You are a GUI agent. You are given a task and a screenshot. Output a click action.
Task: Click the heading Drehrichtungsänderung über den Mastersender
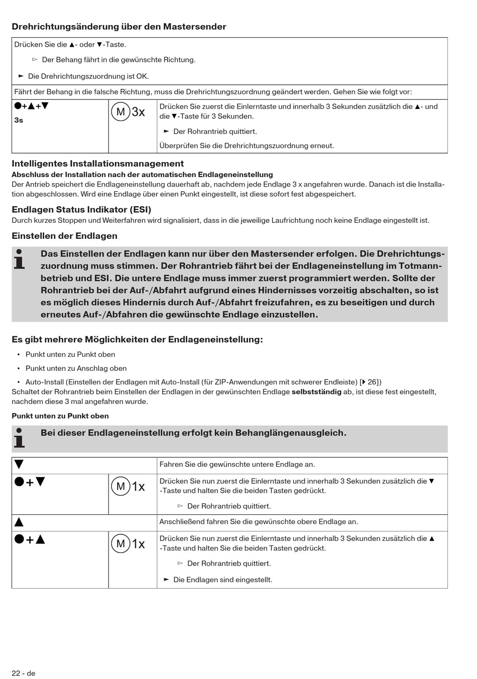tap(119, 27)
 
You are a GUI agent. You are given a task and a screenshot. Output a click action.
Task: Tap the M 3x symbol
tap(128, 112)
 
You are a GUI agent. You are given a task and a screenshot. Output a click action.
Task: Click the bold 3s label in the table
tap(19, 120)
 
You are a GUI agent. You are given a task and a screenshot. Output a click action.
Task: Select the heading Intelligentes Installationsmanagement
tap(97, 164)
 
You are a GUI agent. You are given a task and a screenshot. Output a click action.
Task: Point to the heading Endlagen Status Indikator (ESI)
tap(81, 210)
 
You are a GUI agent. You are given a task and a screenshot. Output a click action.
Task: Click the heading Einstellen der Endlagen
tap(64, 236)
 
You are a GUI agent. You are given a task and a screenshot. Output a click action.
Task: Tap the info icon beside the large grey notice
tap(20, 259)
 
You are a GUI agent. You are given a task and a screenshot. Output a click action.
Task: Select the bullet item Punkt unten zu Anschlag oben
tap(76, 368)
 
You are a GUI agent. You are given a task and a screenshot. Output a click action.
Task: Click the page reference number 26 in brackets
tap(372, 382)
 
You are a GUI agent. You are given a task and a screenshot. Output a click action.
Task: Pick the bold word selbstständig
tap(316, 391)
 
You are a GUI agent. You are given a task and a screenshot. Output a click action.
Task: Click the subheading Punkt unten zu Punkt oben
tap(60, 416)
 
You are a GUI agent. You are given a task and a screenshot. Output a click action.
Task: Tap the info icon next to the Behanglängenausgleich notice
tap(20, 438)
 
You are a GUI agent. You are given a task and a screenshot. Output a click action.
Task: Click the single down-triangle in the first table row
tap(19, 465)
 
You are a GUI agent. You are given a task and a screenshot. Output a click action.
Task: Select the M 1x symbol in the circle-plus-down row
tap(128, 486)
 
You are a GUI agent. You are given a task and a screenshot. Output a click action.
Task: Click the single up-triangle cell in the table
tap(19, 522)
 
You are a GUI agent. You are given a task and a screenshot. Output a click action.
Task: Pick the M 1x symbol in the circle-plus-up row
tap(128, 544)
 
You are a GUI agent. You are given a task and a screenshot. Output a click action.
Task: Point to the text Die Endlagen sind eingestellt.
tap(222, 580)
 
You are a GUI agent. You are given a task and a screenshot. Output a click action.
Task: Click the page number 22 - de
tap(24, 673)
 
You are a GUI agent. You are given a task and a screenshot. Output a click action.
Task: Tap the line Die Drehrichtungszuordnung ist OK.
tap(88, 76)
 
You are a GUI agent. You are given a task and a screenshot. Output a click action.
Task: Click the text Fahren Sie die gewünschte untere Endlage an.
tap(237, 465)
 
